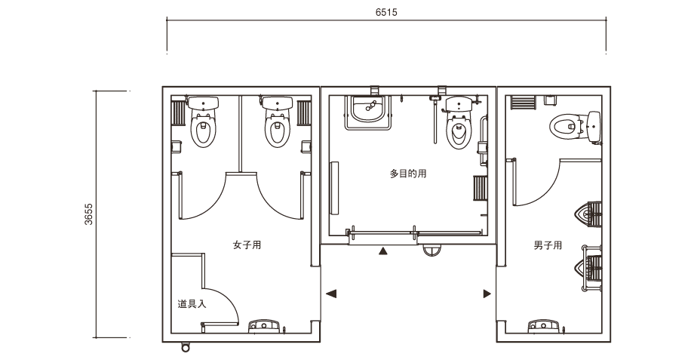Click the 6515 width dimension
pos(386,12)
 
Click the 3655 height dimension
pos(88,214)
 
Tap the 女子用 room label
pos(247,245)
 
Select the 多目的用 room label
pos(408,174)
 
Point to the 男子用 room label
pos(548,245)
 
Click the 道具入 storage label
pos(192,304)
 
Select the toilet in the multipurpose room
pos(459,124)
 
